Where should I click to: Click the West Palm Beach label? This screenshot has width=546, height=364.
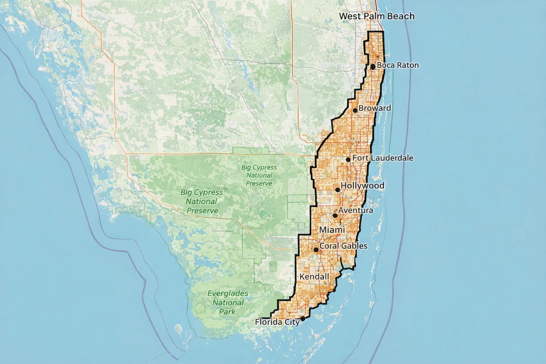point(376,16)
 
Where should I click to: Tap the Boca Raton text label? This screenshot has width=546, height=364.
point(397,65)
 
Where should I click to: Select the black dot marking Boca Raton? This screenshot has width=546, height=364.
point(373,66)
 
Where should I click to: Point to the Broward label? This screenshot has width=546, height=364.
point(375,108)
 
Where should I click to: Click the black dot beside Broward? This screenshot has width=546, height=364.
point(355,111)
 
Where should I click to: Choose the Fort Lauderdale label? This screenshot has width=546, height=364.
point(382,157)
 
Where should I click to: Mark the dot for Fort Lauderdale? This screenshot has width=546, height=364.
point(348,160)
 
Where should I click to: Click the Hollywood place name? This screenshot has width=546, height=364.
point(362,186)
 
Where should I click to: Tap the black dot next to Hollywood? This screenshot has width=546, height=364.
point(338,190)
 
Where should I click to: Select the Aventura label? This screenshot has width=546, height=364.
point(355,210)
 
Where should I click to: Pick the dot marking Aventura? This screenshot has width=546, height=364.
point(335,215)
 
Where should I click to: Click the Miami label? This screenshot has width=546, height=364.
point(332,230)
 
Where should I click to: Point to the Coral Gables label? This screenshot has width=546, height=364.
point(343,246)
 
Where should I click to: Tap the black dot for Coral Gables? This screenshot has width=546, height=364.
point(316,250)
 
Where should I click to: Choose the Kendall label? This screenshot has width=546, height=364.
point(314,277)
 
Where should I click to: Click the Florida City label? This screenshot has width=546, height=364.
point(277,322)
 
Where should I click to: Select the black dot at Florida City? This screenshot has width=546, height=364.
point(303,319)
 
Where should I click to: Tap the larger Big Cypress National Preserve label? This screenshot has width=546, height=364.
point(202,202)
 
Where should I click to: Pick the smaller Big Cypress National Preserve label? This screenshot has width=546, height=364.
point(259,175)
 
